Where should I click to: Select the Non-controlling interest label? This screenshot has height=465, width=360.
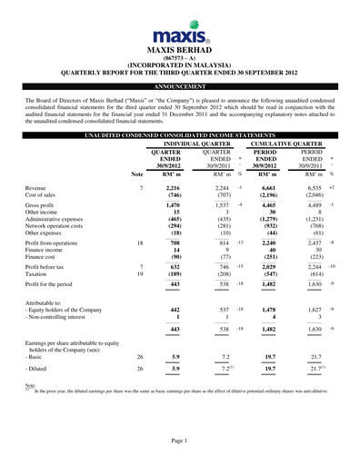(x=58, y=315)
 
